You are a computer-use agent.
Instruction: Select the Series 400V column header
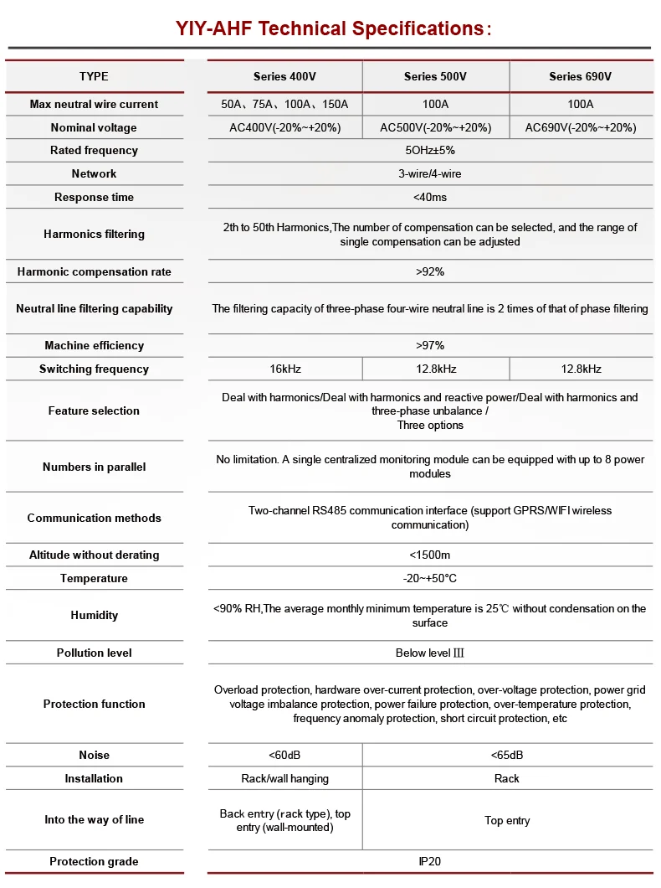284,76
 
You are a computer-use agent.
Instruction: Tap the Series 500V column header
435,76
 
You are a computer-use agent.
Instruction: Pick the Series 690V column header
580,76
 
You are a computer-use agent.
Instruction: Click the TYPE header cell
94,76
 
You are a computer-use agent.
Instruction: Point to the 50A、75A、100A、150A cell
284,105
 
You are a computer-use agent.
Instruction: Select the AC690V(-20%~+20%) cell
580,128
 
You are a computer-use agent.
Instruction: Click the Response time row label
94,198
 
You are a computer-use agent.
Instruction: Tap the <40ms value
430,198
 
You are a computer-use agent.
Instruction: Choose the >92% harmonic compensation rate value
430,272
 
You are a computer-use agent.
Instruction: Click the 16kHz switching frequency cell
284,369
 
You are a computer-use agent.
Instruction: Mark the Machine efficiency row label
94,346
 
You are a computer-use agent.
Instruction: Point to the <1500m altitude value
430,555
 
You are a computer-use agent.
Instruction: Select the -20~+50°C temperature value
430,579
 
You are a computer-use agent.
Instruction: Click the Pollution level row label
94,653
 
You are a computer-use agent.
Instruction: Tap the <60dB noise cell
284,756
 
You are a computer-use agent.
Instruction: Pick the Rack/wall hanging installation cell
284,779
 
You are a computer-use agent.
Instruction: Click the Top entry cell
507,821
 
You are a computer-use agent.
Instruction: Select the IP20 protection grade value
430,862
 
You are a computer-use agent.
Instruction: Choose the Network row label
94,174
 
